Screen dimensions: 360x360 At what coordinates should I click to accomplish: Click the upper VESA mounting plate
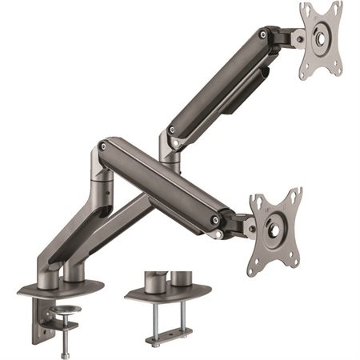pos(320,40)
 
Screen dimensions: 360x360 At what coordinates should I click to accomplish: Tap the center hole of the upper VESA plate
pos(321,38)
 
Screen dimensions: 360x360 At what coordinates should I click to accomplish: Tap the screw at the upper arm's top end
pos(262,35)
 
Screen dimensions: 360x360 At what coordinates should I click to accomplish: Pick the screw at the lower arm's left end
pos(102,146)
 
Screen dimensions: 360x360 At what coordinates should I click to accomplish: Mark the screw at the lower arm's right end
pos(214,220)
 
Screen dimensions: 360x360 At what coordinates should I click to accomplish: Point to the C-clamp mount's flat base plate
pos(60,290)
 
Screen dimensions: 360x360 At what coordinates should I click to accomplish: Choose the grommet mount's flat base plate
pos(168,291)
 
